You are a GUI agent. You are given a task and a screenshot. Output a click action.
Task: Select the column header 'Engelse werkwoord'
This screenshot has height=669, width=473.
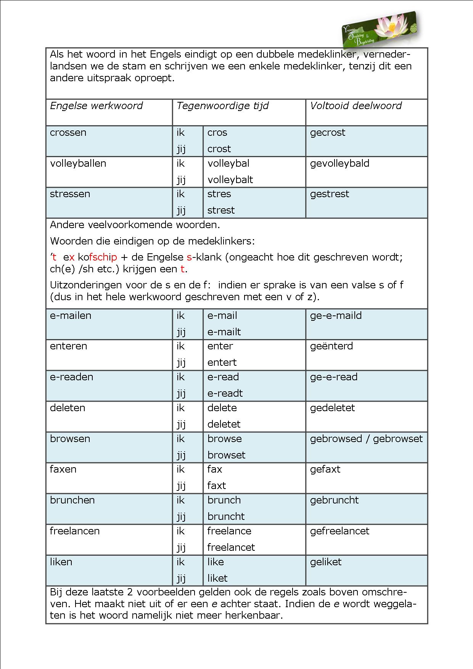pyautogui.click(x=96, y=106)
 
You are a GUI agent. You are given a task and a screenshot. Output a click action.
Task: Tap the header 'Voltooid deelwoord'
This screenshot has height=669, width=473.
pyautogui.click(x=356, y=106)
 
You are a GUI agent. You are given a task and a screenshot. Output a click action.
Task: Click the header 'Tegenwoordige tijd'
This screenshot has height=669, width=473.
pyautogui.click(x=222, y=106)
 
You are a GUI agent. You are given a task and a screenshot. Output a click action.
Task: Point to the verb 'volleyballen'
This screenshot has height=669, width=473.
pyautogui.click(x=78, y=163)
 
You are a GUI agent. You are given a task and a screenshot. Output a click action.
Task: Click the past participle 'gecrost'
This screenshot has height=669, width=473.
pyautogui.click(x=327, y=132)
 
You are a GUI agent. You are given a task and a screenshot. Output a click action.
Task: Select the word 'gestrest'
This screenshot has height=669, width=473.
pyautogui.click(x=329, y=194)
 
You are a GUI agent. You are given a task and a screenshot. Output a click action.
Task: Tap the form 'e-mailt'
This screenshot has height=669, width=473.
pyautogui.click(x=224, y=332)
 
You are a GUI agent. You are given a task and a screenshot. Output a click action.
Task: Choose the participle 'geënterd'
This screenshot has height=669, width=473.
pyautogui.click(x=331, y=346)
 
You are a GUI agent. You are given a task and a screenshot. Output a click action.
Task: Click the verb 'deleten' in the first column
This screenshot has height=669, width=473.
pyautogui.click(x=68, y=408)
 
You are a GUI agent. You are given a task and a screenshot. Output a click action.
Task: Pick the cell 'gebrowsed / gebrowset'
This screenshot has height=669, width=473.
pyautogui.click(x=366, y=439)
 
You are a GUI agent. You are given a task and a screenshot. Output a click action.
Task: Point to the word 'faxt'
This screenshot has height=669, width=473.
pyautogui.click(x=217, y=486)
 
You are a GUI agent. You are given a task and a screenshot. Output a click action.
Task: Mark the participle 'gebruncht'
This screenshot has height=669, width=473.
pyautogui.click(x=334, y=500)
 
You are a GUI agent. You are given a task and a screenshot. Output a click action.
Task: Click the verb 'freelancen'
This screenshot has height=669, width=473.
pyautogui.click(x=74, y=531)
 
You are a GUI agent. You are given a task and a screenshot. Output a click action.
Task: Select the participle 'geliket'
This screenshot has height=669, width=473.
pyautogui.click(x=326, y=562)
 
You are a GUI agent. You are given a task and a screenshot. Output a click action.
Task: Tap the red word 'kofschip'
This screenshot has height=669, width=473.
pyautogui.click(x=97, y=257)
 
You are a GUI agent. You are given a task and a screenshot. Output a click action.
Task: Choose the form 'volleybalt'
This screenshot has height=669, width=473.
pyautogui.click(x=230, y=180)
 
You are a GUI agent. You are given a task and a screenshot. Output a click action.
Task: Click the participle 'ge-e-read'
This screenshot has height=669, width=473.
pyautogui.click(x=333, y=377)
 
